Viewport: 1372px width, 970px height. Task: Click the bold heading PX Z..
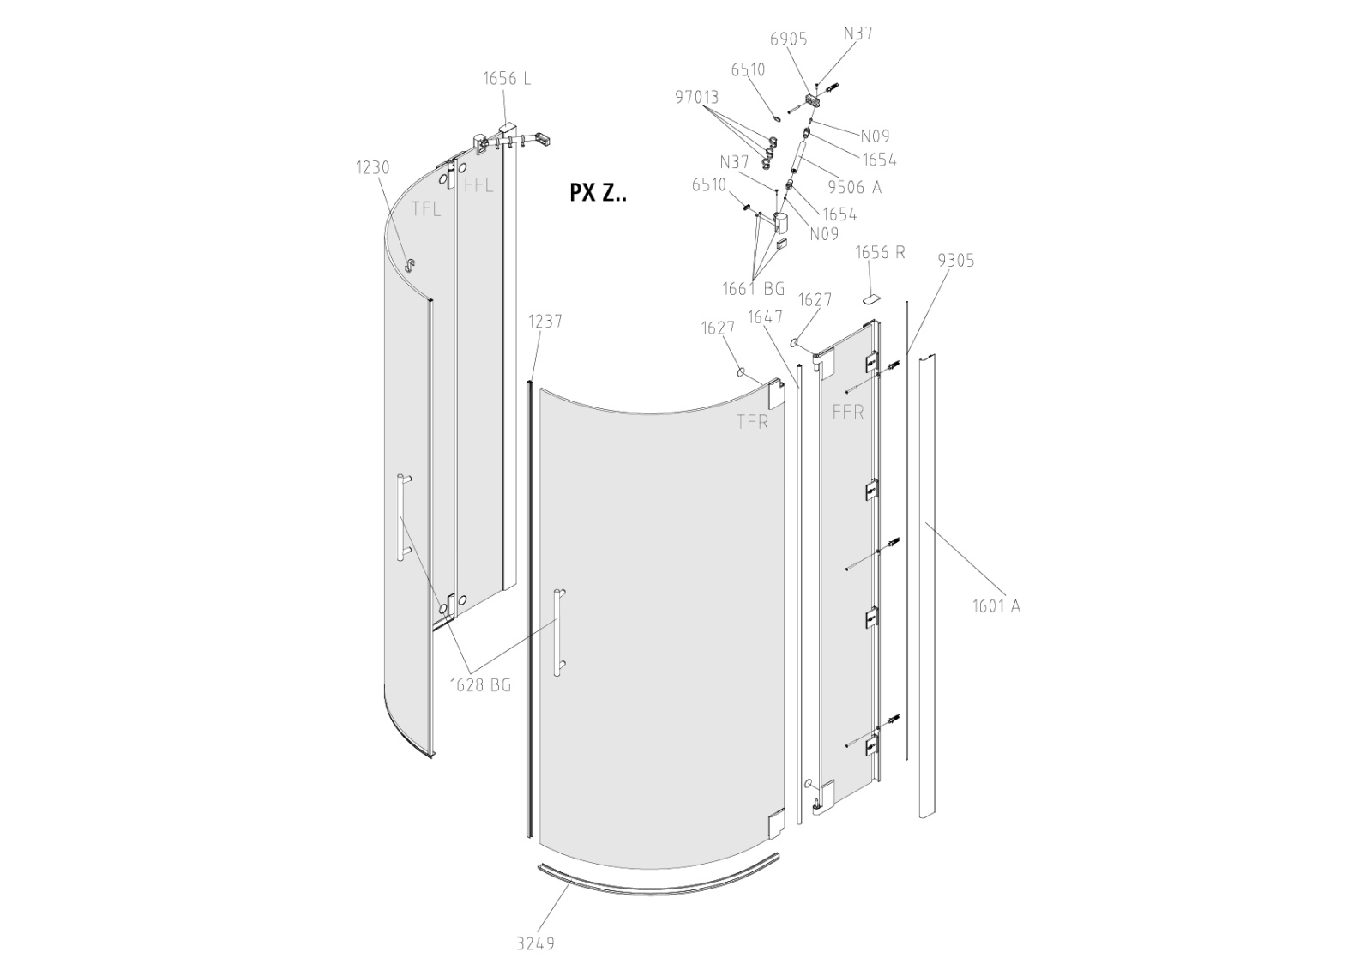598,193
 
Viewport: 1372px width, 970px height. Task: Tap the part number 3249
536,943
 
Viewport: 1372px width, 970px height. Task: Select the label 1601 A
996,606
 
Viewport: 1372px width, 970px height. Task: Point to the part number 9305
955,261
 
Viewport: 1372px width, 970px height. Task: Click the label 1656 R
880,252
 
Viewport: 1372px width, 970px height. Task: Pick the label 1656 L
507,78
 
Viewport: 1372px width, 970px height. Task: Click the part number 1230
373,167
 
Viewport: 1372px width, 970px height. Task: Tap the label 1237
545,321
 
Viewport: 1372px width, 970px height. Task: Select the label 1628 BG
481,685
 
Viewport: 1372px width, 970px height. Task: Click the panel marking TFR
752,422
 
